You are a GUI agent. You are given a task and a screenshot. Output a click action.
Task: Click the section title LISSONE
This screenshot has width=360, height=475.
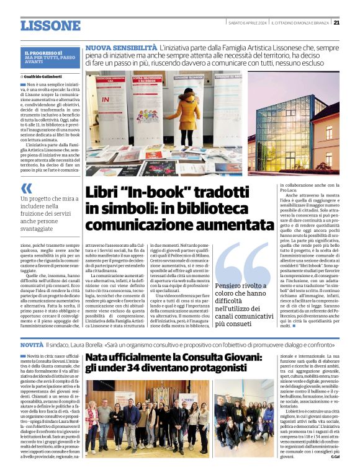coord(50,25)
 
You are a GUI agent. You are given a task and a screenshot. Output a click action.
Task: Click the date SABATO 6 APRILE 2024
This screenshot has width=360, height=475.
coord(245,22)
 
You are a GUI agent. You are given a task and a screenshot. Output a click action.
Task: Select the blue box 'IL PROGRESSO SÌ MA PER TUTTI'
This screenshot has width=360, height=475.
coord(50,58)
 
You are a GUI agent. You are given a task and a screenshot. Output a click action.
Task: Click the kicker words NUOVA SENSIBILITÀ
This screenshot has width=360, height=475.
coord(122,48)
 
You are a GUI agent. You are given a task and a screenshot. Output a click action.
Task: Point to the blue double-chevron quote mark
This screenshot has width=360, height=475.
coord(26,189)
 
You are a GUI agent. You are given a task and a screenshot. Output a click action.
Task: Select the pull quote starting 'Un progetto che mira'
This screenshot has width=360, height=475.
coord(50,214)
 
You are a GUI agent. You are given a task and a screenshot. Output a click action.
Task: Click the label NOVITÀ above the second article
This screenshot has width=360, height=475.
coord(32,344)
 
